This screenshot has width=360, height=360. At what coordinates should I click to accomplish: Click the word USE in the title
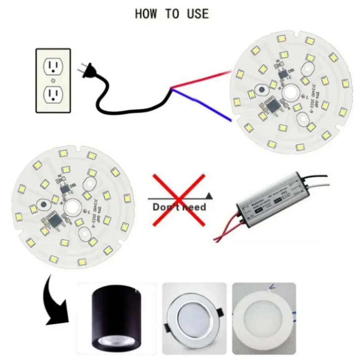click(198, 14)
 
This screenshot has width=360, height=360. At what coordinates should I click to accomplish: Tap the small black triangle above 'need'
click(209, 195)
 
